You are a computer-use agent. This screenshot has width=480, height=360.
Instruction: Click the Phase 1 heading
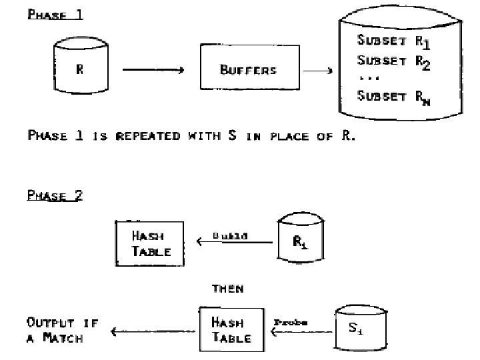click(x=55, y=14)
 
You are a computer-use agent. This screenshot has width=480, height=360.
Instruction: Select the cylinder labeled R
click(x=80, y=67)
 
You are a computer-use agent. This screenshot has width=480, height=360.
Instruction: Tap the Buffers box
click(x=247, y=69)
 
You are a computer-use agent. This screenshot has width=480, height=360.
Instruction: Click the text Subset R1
click(x=393, y=41)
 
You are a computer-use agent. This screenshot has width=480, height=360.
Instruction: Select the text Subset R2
click(x=393, y=61)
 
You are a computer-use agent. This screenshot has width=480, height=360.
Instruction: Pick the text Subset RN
click(x=393, y=97)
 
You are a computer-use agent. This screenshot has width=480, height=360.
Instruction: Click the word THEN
click(x=227, y=289)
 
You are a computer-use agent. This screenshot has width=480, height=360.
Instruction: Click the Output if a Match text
click(x=63, y=330)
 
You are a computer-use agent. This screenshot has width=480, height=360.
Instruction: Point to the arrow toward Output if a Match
click(x=154, y=331)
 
